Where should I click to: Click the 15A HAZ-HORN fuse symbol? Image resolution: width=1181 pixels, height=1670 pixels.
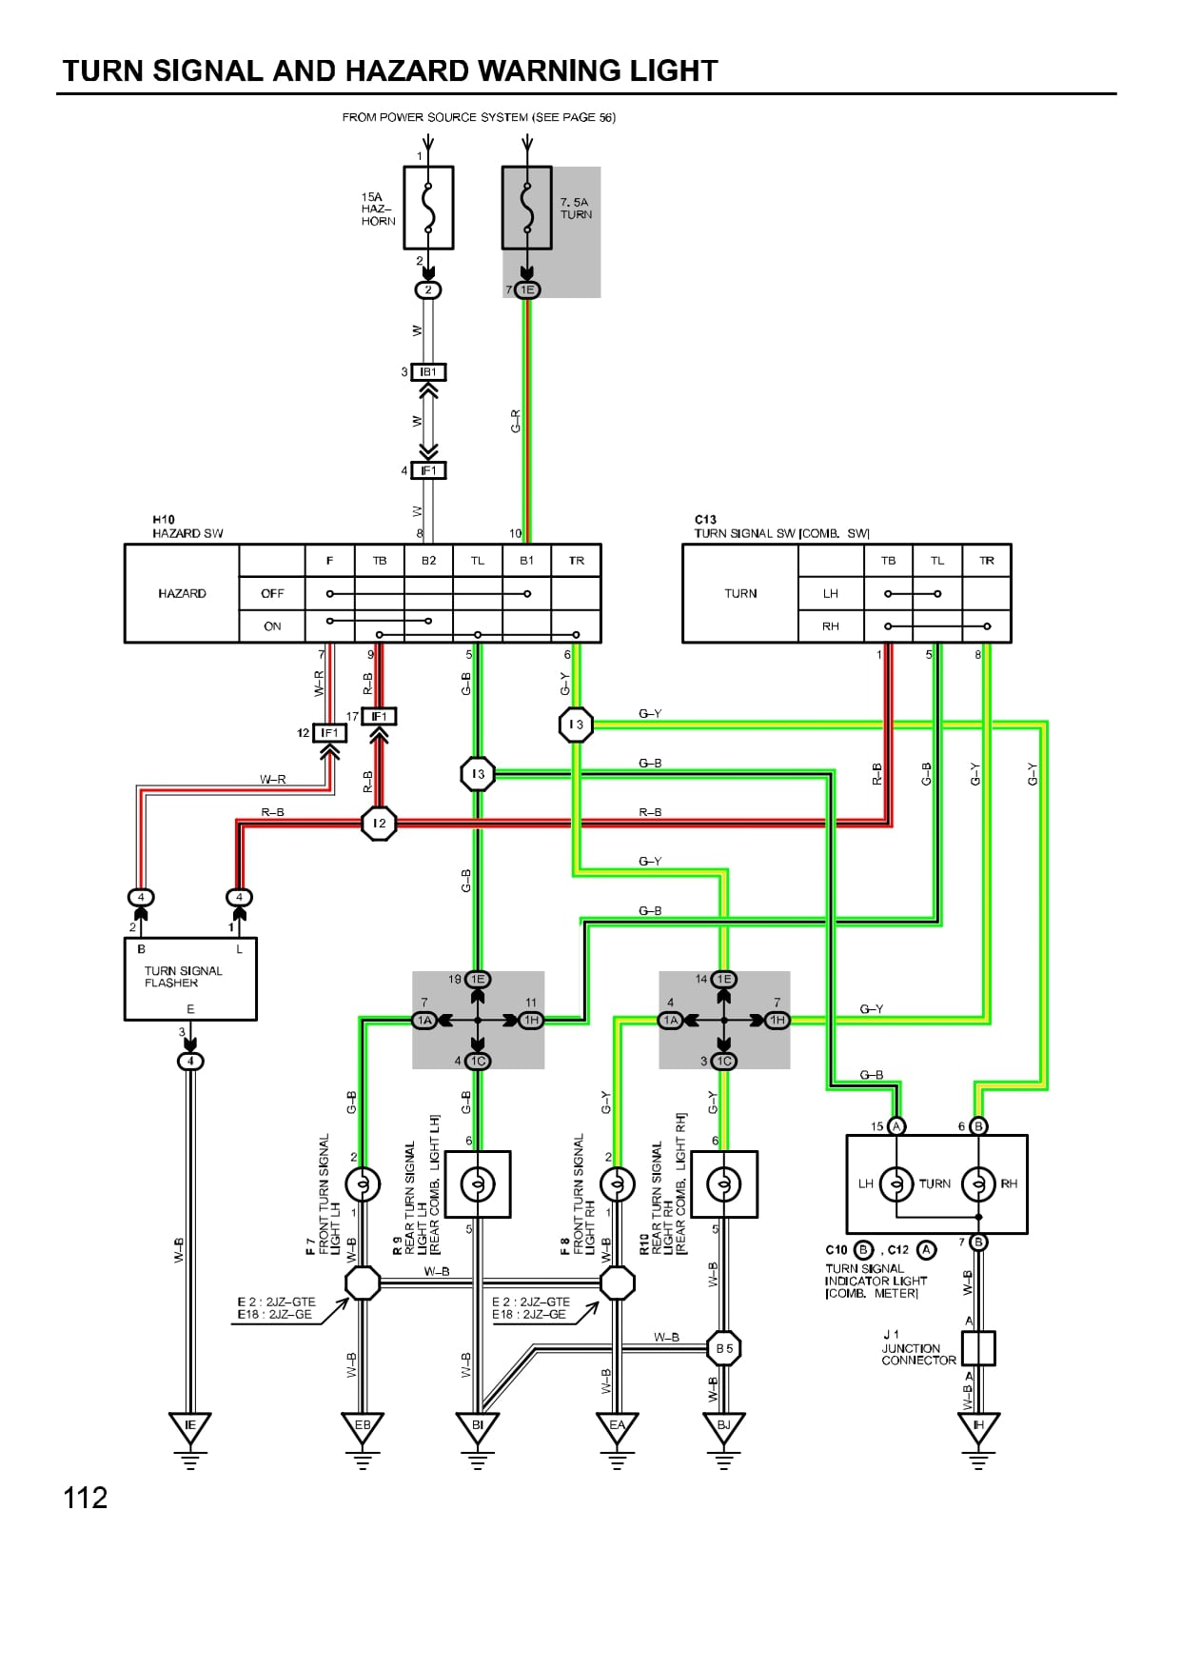(428, 208)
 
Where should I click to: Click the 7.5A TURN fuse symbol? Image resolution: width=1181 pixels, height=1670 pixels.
(526, 208)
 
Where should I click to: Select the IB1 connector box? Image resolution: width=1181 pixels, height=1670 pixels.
(428, 372)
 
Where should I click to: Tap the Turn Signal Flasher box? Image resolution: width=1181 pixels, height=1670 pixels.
(190, 980)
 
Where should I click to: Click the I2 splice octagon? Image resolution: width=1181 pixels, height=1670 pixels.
(379, 824)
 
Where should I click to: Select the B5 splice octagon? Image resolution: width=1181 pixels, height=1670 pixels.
(724, 1348)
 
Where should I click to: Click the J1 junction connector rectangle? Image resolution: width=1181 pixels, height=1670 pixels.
(978, 1348)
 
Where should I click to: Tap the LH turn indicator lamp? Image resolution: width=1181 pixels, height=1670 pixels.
(896, 1183)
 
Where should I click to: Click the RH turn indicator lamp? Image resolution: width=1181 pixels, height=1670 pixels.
(978, 1183)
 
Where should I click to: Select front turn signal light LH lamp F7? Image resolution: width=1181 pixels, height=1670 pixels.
(362, 1184)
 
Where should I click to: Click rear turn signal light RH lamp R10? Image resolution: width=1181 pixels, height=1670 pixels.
(723, 1184)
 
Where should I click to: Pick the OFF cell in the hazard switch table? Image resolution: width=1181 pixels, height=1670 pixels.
(272, 593)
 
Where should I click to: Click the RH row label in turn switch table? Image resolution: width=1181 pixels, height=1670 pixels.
(831, 626)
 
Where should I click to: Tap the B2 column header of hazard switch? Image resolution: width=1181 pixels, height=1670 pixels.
(428, 561)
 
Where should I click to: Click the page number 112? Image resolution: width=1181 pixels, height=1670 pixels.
(86, 1499)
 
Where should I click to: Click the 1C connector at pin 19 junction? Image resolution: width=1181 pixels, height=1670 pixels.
(478, 1061)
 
